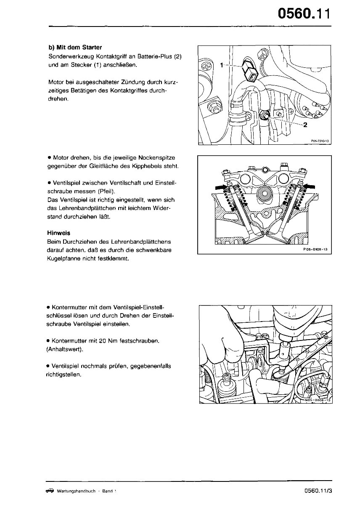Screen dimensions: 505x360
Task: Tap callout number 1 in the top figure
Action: [x=222, y=65]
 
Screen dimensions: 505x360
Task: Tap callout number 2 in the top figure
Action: [x=305, y=125]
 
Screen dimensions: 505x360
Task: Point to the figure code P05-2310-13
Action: [x=320, y=141]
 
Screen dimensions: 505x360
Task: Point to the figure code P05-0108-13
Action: [x=315, y=250]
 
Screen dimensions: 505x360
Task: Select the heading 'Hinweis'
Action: [x=59, y=233]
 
